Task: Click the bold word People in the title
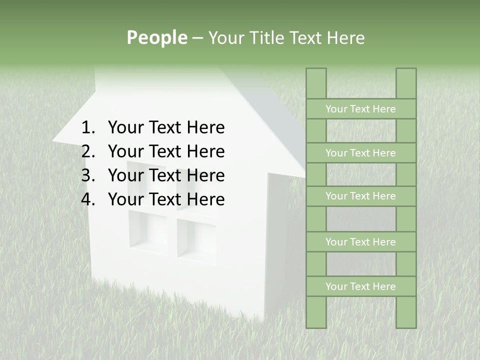tap(156, 37)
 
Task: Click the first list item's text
tap(166, 128)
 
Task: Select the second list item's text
tap(166, 151)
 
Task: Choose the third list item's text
tap(166, 175)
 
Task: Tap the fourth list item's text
tap(166, 199)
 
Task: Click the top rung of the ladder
tap(360, 109)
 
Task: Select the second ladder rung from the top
tap(360, 153)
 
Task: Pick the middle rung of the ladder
tap(360, 196)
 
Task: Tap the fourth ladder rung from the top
tap(360, 242)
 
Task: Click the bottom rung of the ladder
tap(360, 286)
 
